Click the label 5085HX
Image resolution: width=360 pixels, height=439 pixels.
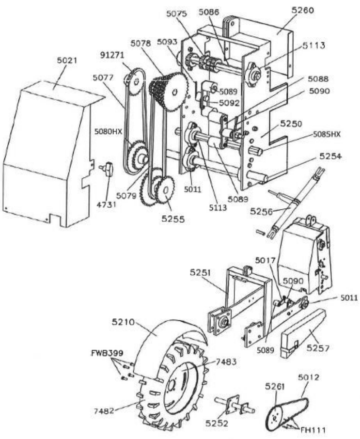click(x=327, y=134)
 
